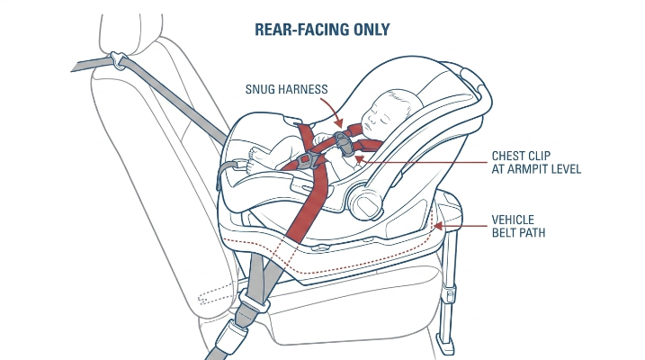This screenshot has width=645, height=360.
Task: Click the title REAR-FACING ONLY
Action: (x=322, y=29)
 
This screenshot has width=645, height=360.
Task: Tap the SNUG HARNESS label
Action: (x=286, y=89)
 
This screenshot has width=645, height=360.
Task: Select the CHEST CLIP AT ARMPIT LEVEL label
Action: (x=536, y=162)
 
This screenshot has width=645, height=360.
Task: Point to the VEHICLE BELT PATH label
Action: (x=518, y=226)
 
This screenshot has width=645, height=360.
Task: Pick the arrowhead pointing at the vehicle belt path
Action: (x=438, y=226)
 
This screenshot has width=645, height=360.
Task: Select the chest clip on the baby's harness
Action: (x=343, y=144)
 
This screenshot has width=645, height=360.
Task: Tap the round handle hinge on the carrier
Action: (x=364, y=202)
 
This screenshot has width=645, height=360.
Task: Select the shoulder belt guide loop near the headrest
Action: (x=118, y=60)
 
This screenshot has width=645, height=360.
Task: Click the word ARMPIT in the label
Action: (x=531, y=168)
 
